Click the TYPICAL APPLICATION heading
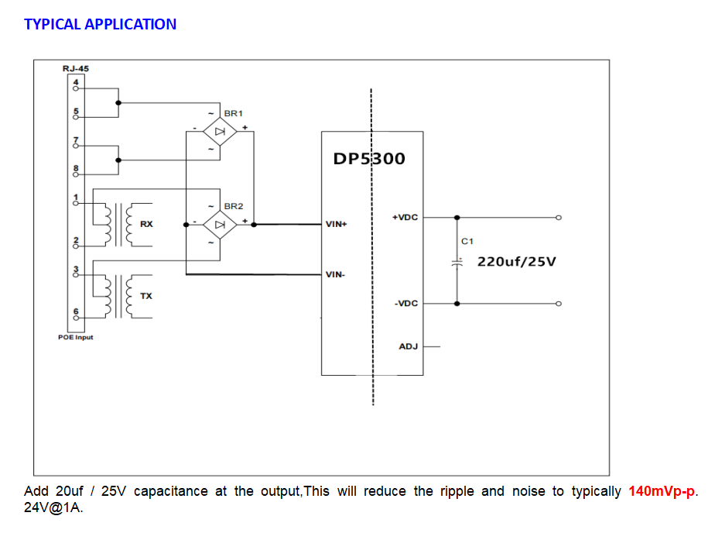click(x=100, y=24)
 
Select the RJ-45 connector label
click(x=75, y=69)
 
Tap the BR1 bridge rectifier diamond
click(x=220, y=132)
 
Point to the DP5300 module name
click(x=368, y=159)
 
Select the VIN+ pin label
click(x=337, y=225)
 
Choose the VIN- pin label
click(x=335, y=274)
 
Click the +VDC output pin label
click(x=405, y=218)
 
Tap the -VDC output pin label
click(x=405, y=304)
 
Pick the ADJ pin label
click(x=408, y=346)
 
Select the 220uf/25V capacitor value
click(x=516, y=261)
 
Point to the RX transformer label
click(x=146, y=225)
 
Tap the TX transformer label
click(x=145, y=297)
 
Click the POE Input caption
click(x=76, y=337)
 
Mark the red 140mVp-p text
click(x=662, y=491)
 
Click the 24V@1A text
click(x=53, y=509)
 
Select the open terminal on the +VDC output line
click(x=559, y=218)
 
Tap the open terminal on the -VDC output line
click(x=559, y=304)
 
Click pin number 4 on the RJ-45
click(x=76, y=81)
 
